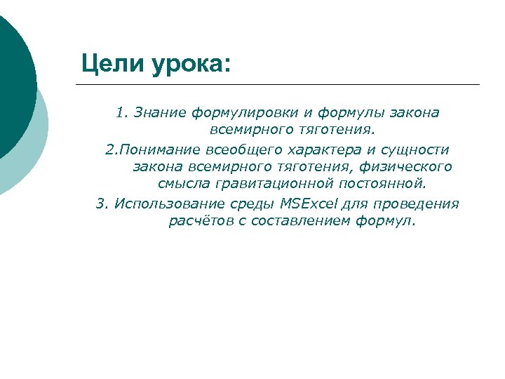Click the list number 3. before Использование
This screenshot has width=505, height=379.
102,204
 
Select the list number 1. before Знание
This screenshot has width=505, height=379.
123,112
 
